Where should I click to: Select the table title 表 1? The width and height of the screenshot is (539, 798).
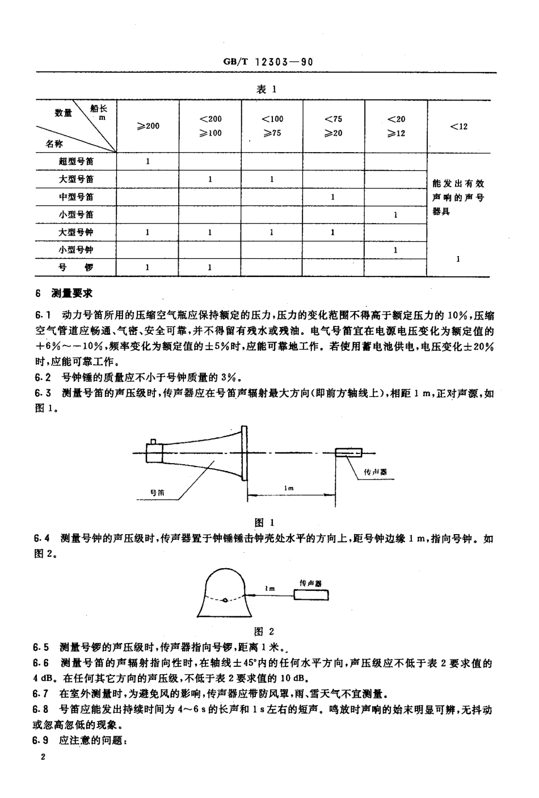pyautogui.click(x=266, y=89)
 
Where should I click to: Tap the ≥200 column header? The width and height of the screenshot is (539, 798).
pyautogui.click(x=148, y=126)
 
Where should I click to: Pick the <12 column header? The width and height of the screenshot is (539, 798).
pyautogui.click(x=458, y=126)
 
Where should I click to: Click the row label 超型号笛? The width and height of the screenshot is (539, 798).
pyautogui.click(x=77, y=161)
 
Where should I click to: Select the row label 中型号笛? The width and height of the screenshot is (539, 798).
pyautogui.click(x=77, y=197)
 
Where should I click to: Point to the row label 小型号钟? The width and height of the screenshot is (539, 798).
pyautogui.click(x=77, y=250)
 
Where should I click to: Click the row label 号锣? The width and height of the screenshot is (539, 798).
pyautogui.click(x=77, y=267)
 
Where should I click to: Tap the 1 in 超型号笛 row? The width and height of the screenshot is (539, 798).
pyautogui.click(x=148, y=161)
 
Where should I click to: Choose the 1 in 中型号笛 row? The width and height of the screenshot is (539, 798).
pyautogui.click(x=333, y=197)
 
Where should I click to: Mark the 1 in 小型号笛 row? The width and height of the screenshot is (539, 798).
pyautogui.click(x=395, y=215)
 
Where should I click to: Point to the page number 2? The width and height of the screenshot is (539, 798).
pyautogui.click(x=43, y=758)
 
